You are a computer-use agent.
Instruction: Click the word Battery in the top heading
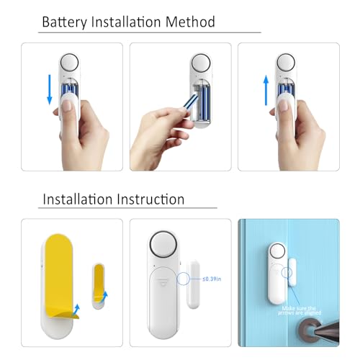(65, 22)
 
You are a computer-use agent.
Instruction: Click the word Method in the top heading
(190, 22)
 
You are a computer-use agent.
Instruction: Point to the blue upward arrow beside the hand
(266, 91)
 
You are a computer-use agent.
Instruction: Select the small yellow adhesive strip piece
(98, 284)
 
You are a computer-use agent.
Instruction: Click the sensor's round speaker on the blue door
(277, 253)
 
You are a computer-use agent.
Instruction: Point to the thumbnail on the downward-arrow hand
(68, 107)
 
